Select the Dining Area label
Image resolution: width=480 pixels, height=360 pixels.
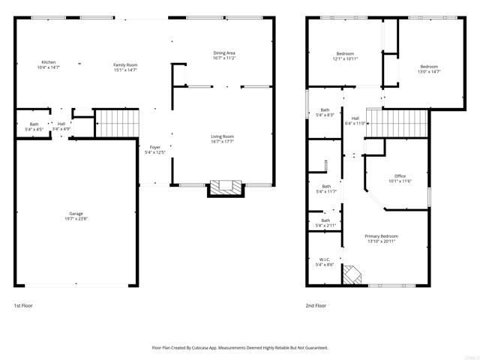click(224, 55)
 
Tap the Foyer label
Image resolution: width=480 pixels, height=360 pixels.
click(155, 149)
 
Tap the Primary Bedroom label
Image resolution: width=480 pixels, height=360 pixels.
click(382, 238)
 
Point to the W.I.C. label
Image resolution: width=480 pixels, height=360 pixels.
click(324, 262)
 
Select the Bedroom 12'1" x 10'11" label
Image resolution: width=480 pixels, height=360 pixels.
click(345, 55)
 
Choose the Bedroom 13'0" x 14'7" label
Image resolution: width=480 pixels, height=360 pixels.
click(429, 69)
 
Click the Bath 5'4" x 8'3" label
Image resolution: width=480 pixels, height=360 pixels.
click(325, 112)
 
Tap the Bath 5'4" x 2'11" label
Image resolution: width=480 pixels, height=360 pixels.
click(325, 223)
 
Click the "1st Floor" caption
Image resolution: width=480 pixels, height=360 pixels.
click(23, 306)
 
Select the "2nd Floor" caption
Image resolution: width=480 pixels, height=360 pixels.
click(316, 306)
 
